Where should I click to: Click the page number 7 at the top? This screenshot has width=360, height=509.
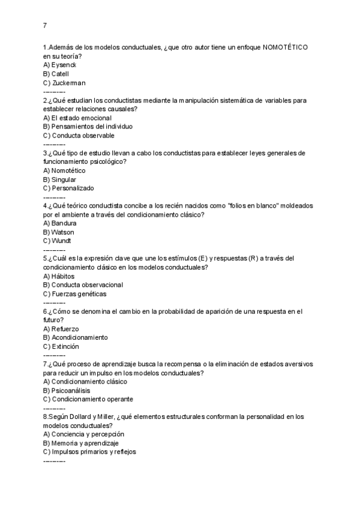point(45,25)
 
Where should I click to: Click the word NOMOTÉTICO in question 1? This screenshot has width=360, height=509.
point(286,47)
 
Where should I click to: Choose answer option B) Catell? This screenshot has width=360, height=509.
point(56,74)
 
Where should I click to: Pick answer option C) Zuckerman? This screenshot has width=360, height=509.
point(64,83)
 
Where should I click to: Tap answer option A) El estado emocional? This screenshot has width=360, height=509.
point(77,118)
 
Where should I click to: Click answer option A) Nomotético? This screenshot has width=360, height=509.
point(64,170)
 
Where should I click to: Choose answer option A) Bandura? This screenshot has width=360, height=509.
point(60,223)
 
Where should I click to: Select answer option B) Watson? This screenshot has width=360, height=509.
point(59,232)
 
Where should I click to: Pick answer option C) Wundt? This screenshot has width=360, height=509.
point(58,241)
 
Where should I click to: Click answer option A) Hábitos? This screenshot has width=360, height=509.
point(59,276)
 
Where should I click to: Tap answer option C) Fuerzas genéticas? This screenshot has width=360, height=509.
point(75,294)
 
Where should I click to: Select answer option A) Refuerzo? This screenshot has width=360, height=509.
point(61,329)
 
